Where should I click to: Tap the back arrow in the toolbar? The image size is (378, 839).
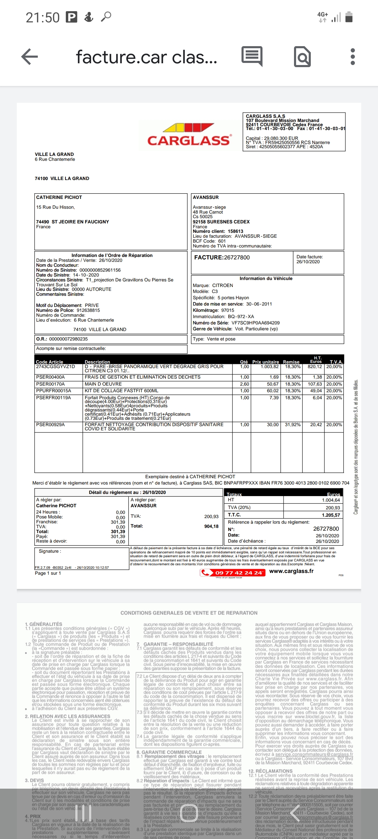pyautogui.click(x=30, y=57)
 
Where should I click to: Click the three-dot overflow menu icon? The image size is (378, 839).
pyautogui.click(x=352, y=57)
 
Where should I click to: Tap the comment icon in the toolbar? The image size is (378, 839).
pyautogui.click(x=252, y=57)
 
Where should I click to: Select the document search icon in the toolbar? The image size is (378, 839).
pyautogui.click(x=302, y=57)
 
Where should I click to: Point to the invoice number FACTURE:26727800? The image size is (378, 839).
pyautogui.click(x=222, y=258)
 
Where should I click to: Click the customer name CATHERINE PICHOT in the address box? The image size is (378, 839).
pyautogui.click(x=59, y=198)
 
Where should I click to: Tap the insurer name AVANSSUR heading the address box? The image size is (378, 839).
pyautogui.click(x=206, y=198)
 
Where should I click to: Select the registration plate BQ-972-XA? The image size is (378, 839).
pyautogui.click(x=241, y=317)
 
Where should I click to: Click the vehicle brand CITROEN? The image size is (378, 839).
pyautogui.click(x=223, y=286)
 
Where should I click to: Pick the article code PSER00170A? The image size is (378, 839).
pyautogui.click(x=50, y=384)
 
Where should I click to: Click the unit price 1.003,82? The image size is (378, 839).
pyautogui.click(x=269, y=367)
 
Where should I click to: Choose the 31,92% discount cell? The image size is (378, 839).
pyautogui.click(x=293, y=425)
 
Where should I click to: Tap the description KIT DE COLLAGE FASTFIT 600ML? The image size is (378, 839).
pyautogui.click(x=121, y=391)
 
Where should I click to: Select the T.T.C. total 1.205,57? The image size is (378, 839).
pyautogui.click(x=331, y=515)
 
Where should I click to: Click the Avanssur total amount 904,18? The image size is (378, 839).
pyautogui.click(x=211, y=526)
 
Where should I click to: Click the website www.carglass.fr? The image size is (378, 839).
pyautogui.click(x=291, y=571)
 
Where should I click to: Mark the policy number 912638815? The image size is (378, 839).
pyautogui.click(x=88, y=310)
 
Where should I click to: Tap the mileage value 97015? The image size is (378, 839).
pyautogui.click(x=227, y=310)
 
